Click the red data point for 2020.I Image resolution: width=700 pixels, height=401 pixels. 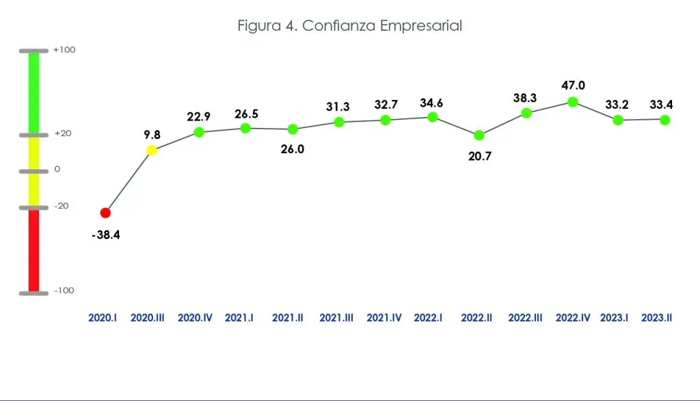click(x=105, y=213)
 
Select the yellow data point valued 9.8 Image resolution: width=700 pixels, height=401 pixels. click(x=152, y=150)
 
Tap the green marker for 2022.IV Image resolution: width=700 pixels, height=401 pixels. click(x=573, y=101)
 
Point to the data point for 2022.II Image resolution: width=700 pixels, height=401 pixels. click(x=479, y=135)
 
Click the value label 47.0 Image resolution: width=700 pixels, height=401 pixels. click(x=573, y=86)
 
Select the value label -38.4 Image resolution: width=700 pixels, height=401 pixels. click(x=105, y=235)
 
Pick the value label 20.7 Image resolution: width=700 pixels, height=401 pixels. click(x=479, y=156)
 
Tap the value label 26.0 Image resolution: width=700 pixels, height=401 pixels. click(x=293, y=149)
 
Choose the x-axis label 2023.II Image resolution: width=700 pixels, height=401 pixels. click(x=656, y=318)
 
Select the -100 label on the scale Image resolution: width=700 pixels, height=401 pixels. click(x=64, y=291)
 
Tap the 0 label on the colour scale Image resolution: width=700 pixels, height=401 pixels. click(x=57, y=169)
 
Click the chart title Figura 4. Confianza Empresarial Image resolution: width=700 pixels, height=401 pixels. click(x=350, y=26)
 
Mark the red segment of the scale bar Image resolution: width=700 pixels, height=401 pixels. click(x=33, y=250)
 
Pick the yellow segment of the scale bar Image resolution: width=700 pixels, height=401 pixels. click(x=33, y=171)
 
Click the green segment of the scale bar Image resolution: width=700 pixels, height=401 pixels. click(x=33, y=92)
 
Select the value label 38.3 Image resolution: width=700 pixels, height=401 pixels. click(x=526, y=99)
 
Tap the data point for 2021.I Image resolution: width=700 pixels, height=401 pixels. click(x=246, y=127)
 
